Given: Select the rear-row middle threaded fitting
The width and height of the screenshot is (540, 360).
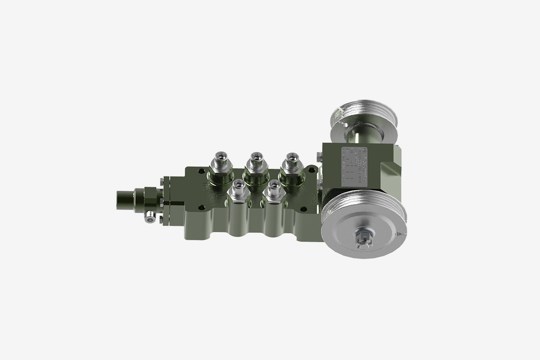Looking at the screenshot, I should [256, 162].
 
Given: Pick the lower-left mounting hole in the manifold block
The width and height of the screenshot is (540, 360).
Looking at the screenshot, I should [201, 208].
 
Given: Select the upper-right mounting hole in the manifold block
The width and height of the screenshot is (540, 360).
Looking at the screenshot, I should [310, 170].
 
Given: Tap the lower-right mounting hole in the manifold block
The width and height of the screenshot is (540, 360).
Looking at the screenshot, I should [313, 207].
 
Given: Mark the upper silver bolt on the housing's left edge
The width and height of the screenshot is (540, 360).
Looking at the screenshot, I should [319, 156].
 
